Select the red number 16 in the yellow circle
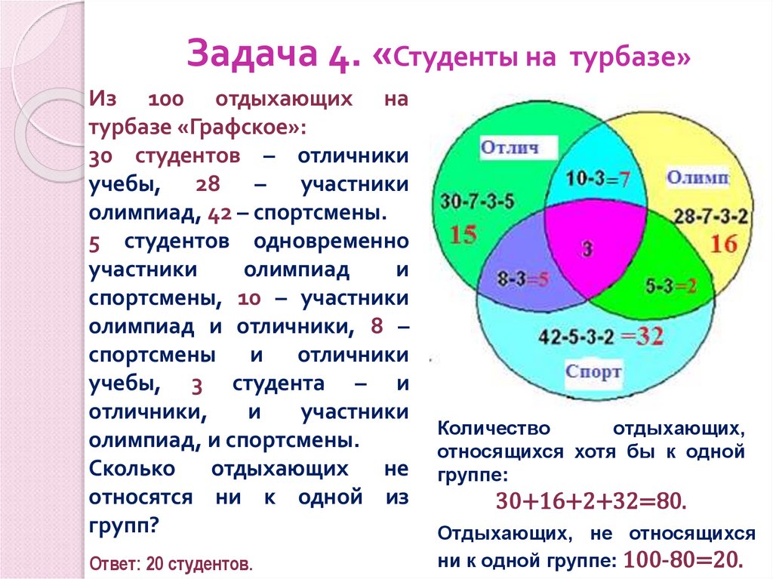coord(722,243)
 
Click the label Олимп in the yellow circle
coord(697,178)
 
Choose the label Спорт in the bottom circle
coord(594,371)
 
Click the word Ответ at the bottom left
coord(112,564)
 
